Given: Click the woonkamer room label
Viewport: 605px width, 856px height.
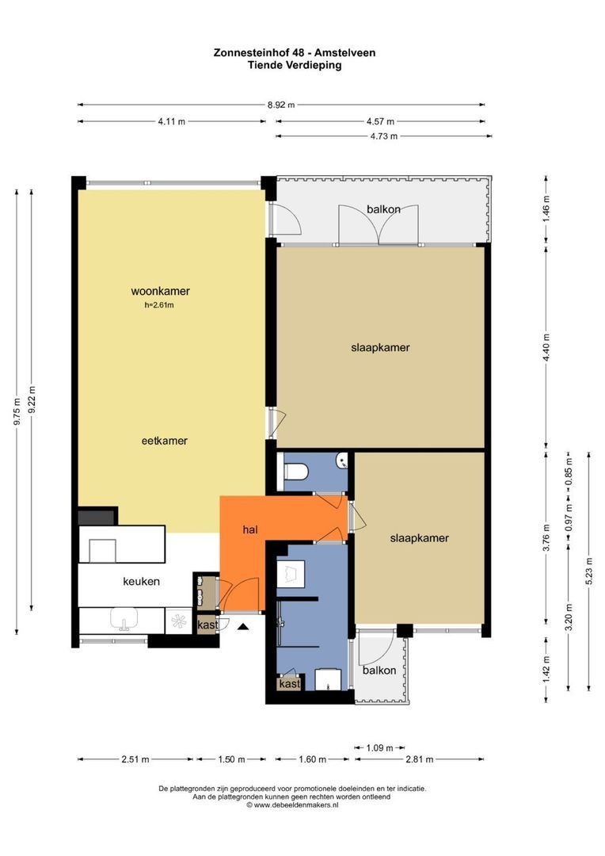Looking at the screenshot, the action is tap(160, 291).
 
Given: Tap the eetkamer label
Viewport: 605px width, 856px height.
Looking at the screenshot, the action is tap(164, 441).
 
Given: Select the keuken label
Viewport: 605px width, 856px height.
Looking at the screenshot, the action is tap(141, 582).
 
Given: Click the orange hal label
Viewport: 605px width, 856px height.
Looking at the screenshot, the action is tap(250, 529).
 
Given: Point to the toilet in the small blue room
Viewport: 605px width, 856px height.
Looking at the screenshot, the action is tap(297, 471).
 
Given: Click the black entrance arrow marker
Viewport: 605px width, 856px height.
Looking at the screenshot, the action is tap(243, 627).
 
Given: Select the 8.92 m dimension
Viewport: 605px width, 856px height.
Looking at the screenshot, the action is tap(281, 105).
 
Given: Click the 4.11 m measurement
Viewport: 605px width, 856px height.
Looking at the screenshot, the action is tap(171, 121).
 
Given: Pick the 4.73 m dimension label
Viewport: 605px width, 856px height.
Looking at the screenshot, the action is tap(383, 136).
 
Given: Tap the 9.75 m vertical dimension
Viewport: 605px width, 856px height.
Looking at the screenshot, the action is tap(17, 411).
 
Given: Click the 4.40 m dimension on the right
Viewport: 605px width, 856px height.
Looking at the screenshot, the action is tap(546, 347).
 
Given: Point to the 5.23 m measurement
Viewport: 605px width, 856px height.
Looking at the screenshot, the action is tap(589, 571).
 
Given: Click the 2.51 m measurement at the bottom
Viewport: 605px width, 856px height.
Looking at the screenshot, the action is tap(135, 759).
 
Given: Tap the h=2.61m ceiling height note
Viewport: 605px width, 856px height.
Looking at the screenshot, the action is tap(159, 305).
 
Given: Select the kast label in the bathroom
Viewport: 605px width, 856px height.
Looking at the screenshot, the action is tap(289, 683).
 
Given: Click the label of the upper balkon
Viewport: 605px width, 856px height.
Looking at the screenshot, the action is tap(383, 209).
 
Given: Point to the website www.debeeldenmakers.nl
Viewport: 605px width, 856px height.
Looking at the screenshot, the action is tap(292, 804).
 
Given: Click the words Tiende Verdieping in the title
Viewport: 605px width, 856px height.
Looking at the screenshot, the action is tap(295, 65).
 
